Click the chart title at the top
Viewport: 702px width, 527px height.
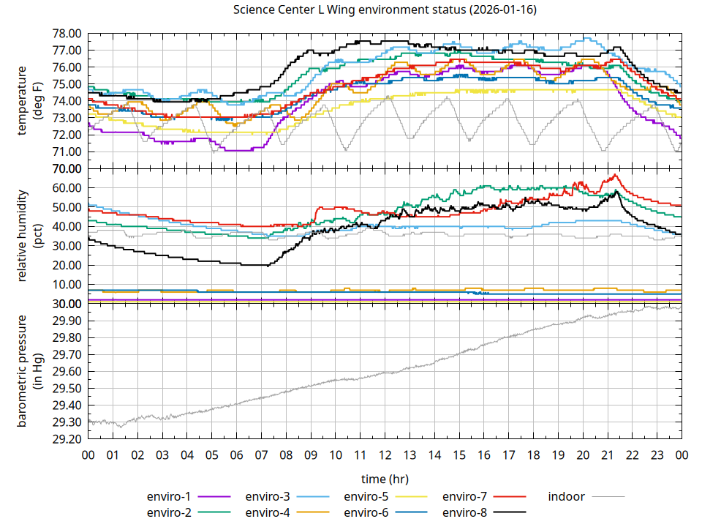click(x=385, y=10)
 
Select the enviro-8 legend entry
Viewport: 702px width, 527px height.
click(x=467, y=512)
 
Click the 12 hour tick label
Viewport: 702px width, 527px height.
click(x=385, y=455)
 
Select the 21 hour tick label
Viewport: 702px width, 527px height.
click(x=607, y=455)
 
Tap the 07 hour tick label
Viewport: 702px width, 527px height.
click(x=261, y=455)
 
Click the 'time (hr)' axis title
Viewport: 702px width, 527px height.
click(x=385, y=478)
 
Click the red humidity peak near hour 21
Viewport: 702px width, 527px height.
click(x=616, y=175)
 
